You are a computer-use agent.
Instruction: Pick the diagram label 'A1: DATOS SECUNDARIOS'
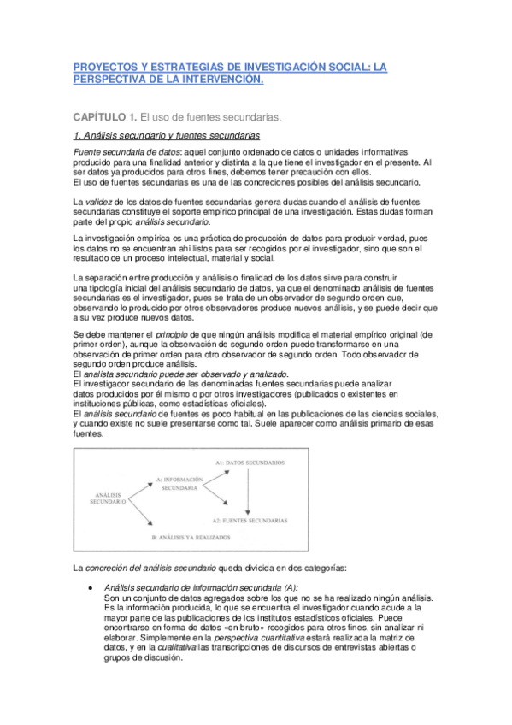tap(250, 462)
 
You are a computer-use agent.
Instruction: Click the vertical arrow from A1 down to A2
tap(248, 491)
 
